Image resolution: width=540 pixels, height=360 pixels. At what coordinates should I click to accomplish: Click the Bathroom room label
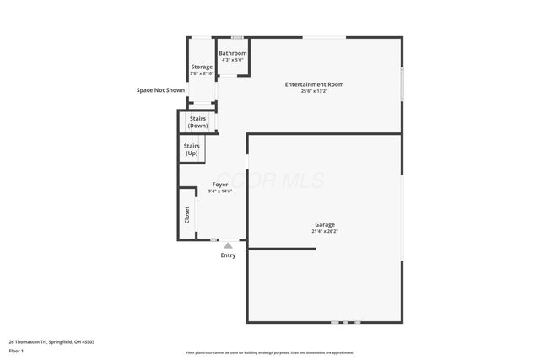click(233, 53)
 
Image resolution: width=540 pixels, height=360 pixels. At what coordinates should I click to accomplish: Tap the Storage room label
click(202, 67)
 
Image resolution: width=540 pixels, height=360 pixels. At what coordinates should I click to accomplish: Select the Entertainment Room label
click(314, 84)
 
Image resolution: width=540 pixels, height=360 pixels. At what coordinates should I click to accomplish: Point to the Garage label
click(325, 224)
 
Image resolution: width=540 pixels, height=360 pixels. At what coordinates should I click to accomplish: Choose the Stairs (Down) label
click(198, 122)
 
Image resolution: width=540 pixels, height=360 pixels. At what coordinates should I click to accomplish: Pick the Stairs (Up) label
click(192, 149)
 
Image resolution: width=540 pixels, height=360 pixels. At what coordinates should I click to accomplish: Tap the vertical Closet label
click(186, 215)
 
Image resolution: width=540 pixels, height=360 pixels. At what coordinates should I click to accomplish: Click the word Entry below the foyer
click(228, 255)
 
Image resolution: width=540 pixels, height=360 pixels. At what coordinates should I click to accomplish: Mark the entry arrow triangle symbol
click(228, 245)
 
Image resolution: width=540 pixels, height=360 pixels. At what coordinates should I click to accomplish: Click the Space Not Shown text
click(161, 90)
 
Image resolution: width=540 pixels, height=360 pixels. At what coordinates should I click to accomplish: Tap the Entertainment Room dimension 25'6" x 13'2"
click(314, 91)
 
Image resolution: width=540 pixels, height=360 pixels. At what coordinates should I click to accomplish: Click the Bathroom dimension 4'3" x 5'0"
click(233, 60)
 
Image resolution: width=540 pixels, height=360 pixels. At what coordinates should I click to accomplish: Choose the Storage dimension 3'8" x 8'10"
click(202, 73)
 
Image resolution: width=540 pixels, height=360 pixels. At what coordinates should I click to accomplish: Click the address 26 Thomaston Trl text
click(51, 341)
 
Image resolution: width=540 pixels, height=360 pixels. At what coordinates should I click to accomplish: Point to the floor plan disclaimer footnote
click(269, 352)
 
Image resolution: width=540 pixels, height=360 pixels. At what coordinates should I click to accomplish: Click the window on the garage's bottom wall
click(345, 322)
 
